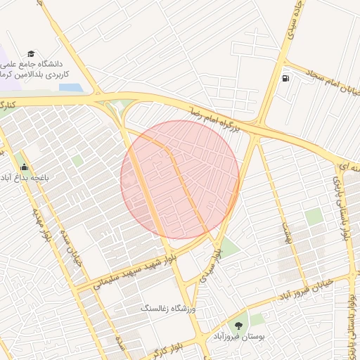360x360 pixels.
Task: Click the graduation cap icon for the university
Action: (30, 53)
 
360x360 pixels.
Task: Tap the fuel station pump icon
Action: (285, 79)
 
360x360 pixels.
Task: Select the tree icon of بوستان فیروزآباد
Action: (238, 325)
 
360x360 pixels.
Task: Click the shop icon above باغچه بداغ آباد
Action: (25, 167)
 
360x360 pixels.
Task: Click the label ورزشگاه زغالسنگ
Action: (170, 309)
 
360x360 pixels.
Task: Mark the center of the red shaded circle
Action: (180, 179)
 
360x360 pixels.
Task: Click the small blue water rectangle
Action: (70, 88)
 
